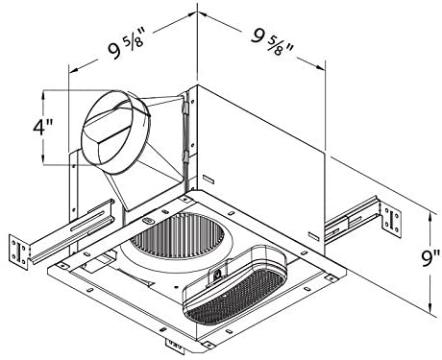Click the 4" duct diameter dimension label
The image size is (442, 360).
(43, 127)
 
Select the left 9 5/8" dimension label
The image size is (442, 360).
(127, 46)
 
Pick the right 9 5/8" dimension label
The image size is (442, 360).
(272, 42)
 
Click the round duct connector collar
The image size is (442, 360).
(116, 132)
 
